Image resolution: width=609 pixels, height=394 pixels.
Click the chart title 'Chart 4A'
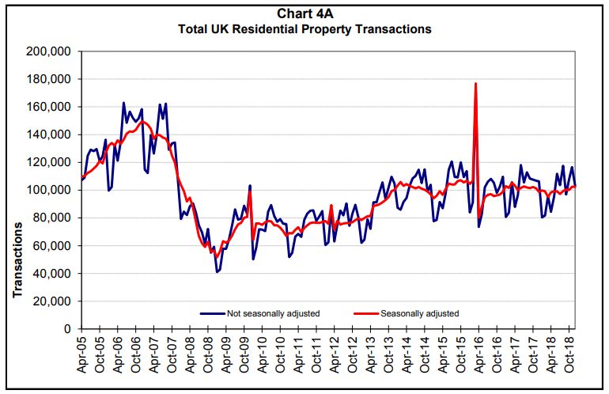(304, 13)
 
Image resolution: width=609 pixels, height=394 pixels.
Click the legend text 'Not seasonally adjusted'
(273, 313)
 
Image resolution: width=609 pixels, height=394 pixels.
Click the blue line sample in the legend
(212, 313)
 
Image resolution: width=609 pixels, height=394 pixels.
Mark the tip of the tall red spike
(475, 83)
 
